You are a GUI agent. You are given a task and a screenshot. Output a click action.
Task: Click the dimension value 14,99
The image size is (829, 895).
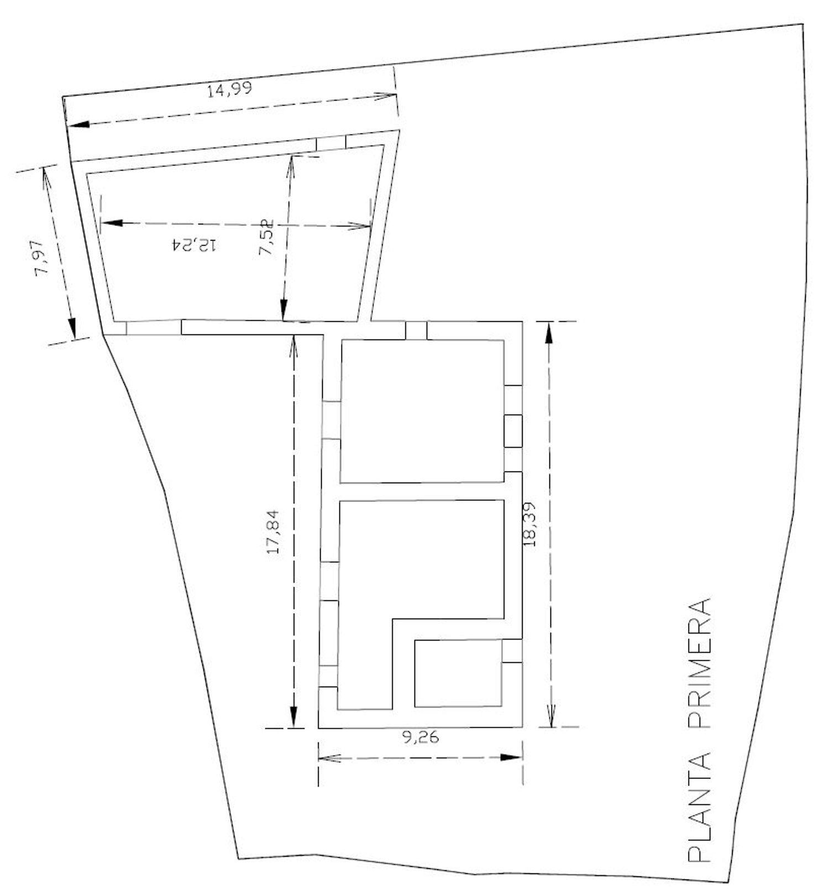pyautogui.click(x=229, y=88)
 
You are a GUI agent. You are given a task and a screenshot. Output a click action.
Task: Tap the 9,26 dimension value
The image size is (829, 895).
pyautogui.click(x=421, y=737)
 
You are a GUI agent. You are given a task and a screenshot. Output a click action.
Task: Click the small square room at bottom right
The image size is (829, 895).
pyautogui.click(x=458, y=673)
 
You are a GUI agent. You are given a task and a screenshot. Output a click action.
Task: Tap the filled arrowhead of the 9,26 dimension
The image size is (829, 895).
pyautogui.click(x=511, y=757)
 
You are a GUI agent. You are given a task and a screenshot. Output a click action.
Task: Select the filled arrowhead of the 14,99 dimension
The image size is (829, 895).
pyautogui.click(x=78, y=124)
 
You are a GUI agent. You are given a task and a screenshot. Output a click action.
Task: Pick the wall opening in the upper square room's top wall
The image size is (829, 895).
pyautogui.click(x=416, y=330)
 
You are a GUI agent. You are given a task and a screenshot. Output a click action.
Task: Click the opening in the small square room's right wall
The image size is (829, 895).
pyautogui.click(x=512, y=651)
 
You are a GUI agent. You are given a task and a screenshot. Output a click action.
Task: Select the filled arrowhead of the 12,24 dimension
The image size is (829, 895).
pyautogui.click(x=112, y=223)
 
